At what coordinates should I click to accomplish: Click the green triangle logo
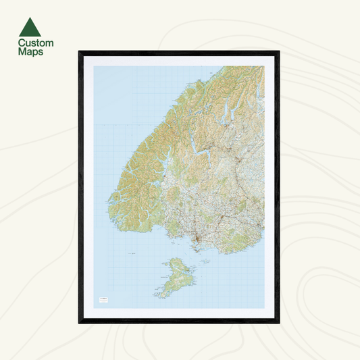pos(30,27)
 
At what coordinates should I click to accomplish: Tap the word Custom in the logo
pos(35,43)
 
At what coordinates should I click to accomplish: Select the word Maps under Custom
pos(31,51)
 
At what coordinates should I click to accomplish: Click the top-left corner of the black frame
pos(80,52)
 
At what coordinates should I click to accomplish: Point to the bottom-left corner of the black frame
pos(80,322)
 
